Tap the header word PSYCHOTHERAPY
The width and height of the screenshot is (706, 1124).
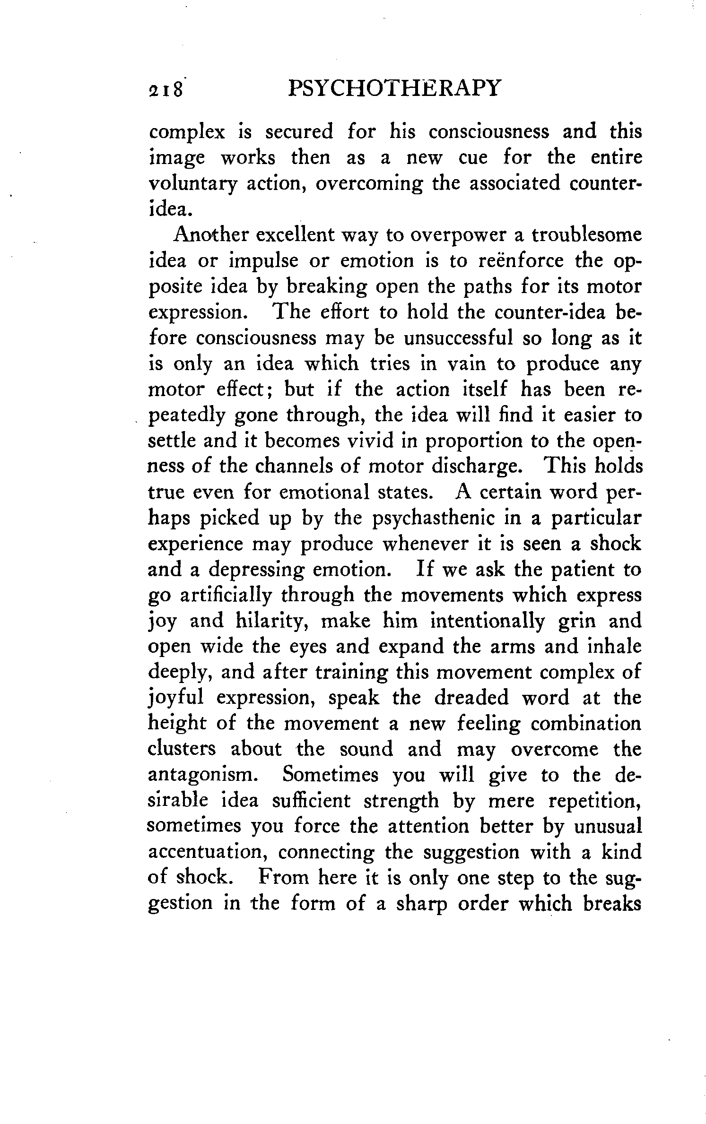click(x=393, y=88)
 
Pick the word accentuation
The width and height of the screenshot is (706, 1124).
click(x=208, y=853)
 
